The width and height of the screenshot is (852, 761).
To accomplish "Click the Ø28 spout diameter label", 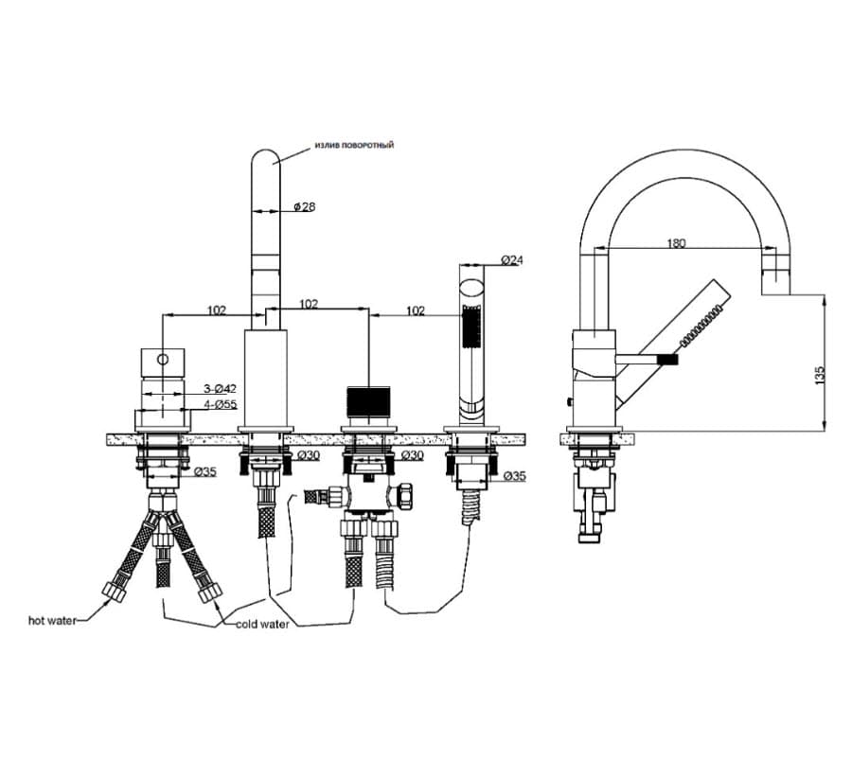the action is (x=304, y=207).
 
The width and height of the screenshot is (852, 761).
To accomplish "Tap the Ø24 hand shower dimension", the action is (x=512, y=260).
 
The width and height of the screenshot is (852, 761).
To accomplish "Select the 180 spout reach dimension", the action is (x=676, y=243).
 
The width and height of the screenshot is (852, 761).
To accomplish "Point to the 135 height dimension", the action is (x=820, y=375).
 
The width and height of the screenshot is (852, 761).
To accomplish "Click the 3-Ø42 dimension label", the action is (x=220, y=389).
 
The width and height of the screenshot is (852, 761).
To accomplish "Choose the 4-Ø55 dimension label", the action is (x=220, y=405).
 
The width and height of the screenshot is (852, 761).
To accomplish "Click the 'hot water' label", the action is (x=52, y=620).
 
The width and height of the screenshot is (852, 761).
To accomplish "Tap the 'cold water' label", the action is (x=262, y=624).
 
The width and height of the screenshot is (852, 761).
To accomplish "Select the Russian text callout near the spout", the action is (x=354, y=145).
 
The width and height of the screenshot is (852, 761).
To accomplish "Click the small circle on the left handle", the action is (x=163, y=359).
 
